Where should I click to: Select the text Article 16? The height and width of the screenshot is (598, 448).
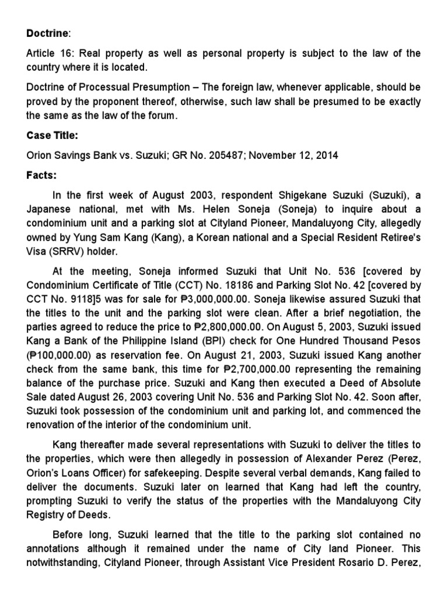[47, 53]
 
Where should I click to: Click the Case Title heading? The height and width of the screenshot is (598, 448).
[52, 135]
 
